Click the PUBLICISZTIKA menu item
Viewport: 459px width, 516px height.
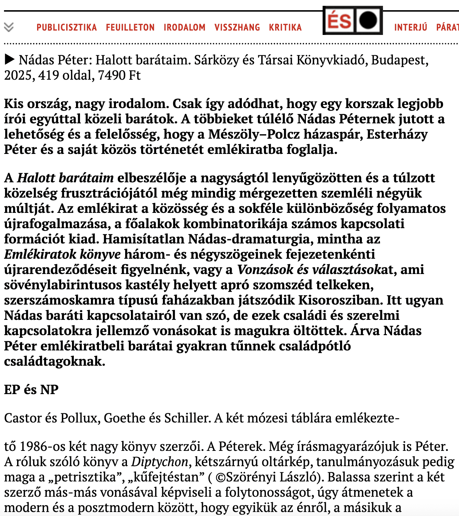[67, 27]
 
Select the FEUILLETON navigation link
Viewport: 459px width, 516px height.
[130, 27]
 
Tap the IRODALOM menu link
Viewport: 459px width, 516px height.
[184, 27]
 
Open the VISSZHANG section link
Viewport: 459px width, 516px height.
[237, 27]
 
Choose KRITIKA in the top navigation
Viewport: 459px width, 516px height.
[285, 27]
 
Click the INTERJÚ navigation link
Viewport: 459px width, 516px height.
[411, 27]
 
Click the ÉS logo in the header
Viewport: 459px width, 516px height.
[339, 21]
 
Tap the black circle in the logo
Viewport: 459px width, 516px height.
[368, 20]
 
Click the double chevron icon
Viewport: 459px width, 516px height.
[9, 27]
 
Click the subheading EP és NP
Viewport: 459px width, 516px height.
[31, 389]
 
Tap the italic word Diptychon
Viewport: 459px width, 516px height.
[160, 461]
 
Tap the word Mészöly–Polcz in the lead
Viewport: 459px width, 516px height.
[254, 134]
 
